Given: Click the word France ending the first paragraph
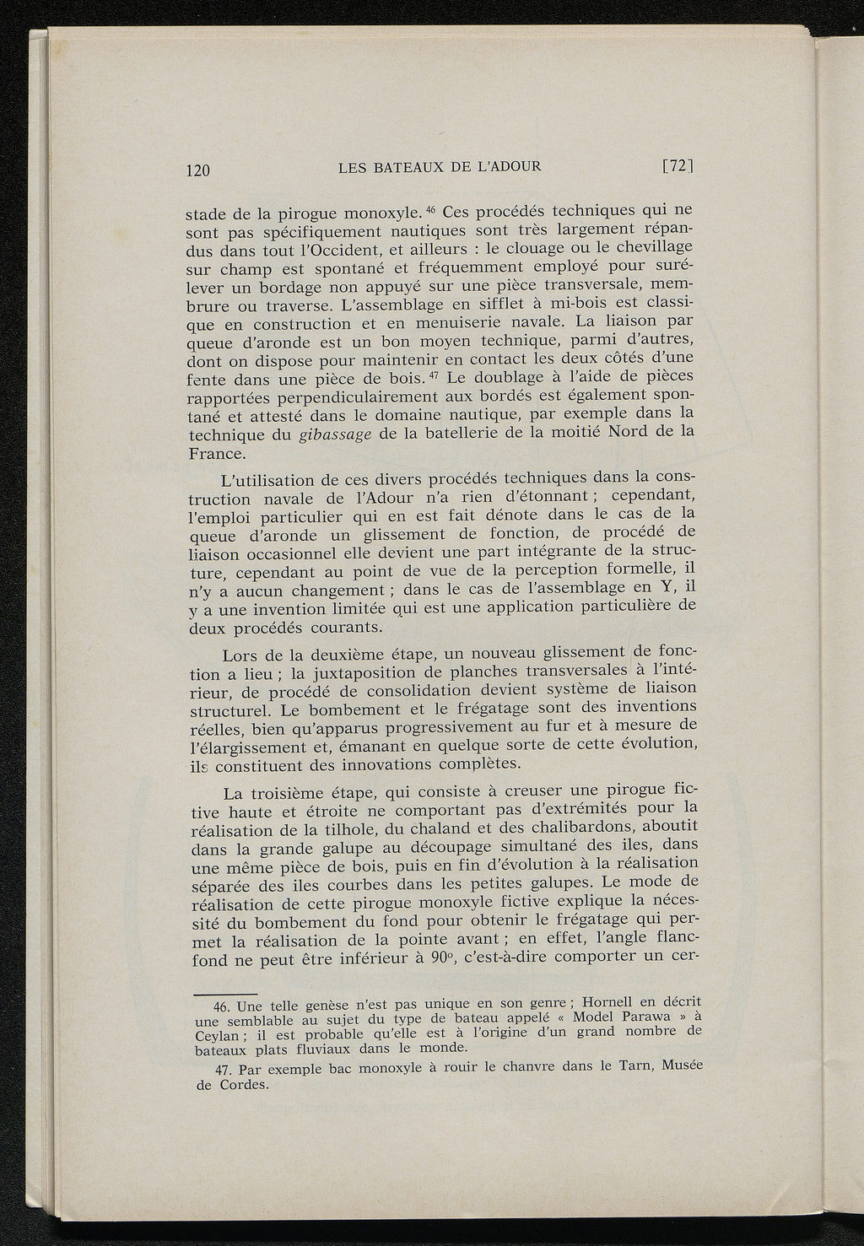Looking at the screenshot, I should pos(214,455).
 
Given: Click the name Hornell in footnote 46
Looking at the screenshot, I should pos(609,1003).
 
